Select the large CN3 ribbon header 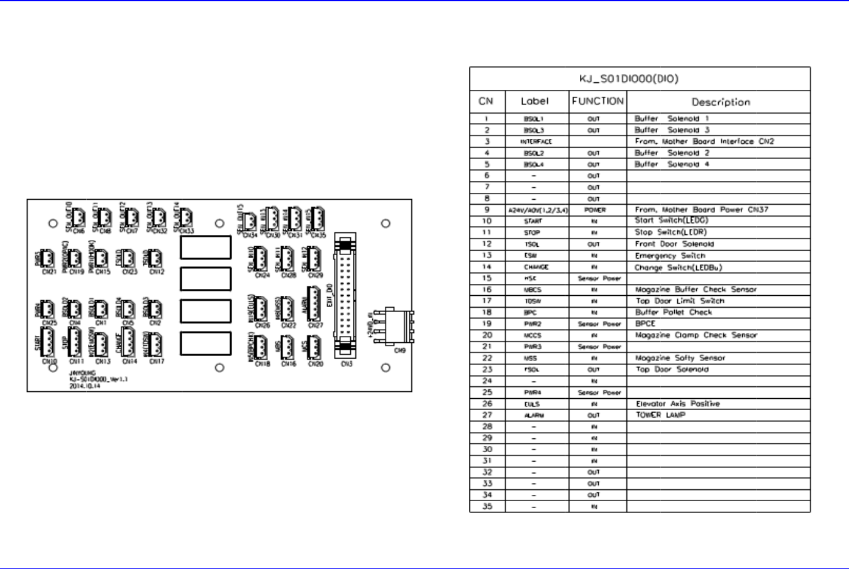click(x=345, y=295)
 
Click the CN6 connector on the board click(x=78, y=217)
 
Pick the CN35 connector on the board click(x=318, y=220)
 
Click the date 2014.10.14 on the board click(x=84, y=387)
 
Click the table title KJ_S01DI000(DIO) click(x=629, y=79)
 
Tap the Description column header click(x=721, y=102)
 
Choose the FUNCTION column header click(x=597, y=101)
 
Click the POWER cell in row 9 click(x=595, y=210)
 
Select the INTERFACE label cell click(x=536, y=142)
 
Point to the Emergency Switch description click(x=670, y=256)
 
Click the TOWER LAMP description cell click(x=660, y=415)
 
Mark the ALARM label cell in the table click(x=534, y=415)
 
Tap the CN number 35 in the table click(x=487, y=506)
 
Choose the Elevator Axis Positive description click(x=678, y=404)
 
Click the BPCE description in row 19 click(x=645, y=324)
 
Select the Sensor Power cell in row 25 click(x=599, y=393)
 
